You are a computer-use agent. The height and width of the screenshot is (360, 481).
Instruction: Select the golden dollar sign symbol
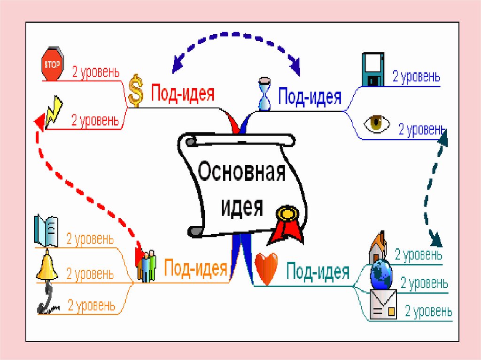click(136, 90)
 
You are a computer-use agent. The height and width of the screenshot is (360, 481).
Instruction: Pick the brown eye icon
click(377, 124)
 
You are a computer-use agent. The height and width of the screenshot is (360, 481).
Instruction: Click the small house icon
click(379, 246)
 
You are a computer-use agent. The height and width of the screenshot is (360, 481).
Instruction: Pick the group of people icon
click(147, 266)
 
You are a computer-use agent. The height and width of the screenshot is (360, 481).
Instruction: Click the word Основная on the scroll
click(241, 172)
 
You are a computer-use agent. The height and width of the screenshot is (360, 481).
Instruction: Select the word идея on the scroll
click(242, 206)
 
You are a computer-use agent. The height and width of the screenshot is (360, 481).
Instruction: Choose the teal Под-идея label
click(318, 271)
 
